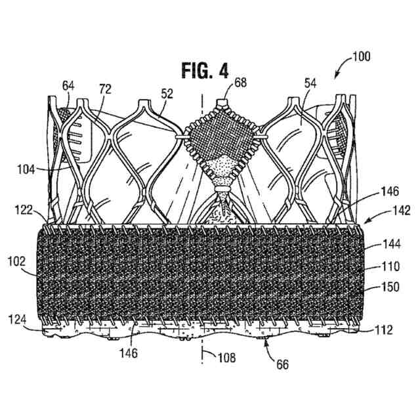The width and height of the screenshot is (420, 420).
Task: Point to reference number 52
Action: coord(167,94)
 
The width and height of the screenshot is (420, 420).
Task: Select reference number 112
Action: coord(384,330)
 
